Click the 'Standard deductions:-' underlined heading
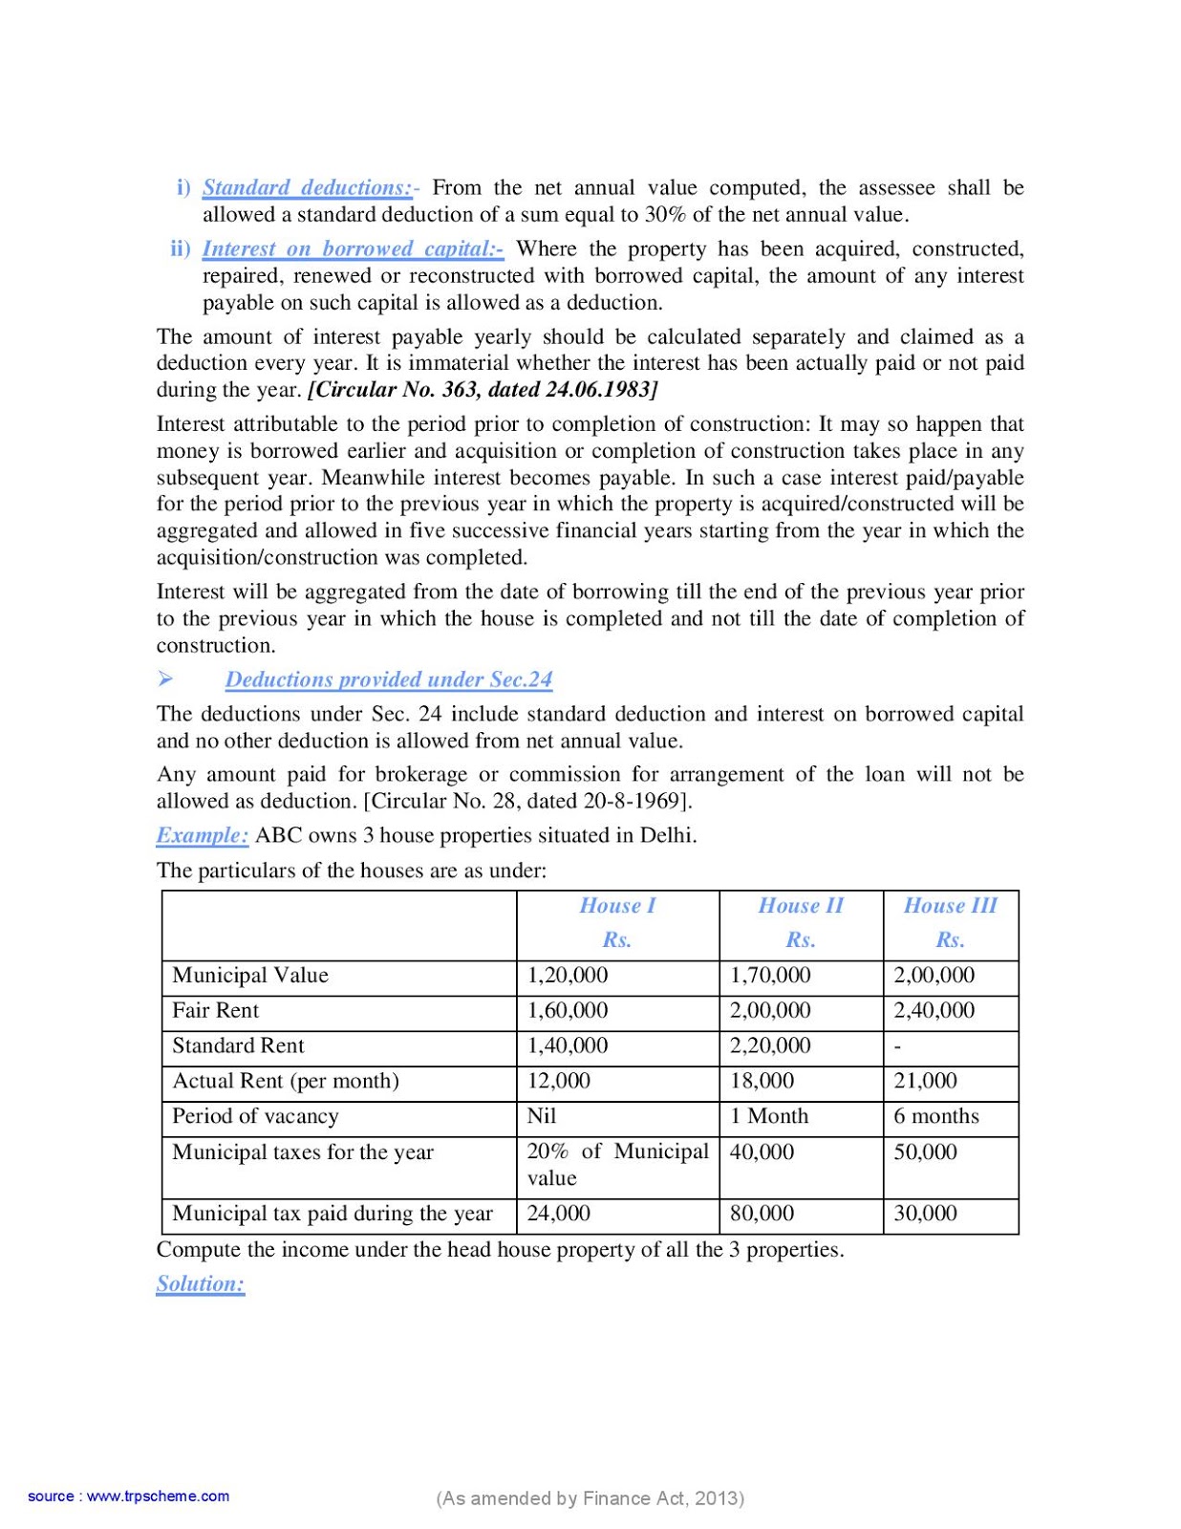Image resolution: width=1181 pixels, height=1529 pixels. [x=308, y=188]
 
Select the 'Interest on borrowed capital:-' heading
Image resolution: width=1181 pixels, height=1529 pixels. [x=353, y=249]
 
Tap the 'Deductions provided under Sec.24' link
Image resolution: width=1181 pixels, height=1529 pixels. [x=389, y=679]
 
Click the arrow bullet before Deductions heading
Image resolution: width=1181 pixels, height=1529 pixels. [x=165, y=679]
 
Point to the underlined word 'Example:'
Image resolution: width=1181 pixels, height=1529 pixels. [x=203, y=835]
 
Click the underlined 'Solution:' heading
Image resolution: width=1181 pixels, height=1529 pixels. [x=201, y=1284]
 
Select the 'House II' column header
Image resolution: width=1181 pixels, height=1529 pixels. [x=801, y=906]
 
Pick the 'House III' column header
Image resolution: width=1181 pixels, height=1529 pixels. [x=950, y=906]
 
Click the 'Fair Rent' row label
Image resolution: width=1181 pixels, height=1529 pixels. [x=216, y=1011]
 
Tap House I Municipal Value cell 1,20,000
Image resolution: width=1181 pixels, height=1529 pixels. [x=568, y=976]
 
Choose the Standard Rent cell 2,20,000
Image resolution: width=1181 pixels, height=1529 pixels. [x=770, y=1046]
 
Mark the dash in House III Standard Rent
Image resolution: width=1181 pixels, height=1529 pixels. [x=897, y=1047]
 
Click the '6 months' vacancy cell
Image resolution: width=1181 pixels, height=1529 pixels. [x=936, y=1116]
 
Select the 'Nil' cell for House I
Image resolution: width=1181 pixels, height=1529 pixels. [x=542, y=1116]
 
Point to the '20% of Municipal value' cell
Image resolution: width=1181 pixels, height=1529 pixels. [x=617, y=1165]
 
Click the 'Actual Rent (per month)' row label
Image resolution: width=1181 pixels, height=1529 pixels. [x=286, y=1082]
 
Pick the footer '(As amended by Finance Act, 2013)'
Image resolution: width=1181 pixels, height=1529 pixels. [x=590, y=1498]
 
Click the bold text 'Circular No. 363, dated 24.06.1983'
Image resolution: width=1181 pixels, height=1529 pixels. [x=483, y=390]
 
